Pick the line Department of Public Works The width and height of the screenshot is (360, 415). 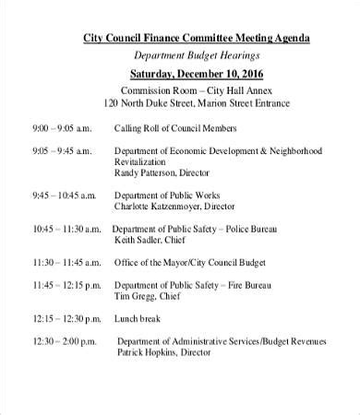(x=170, y=196)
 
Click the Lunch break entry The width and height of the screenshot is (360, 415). (x=139, y=319)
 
